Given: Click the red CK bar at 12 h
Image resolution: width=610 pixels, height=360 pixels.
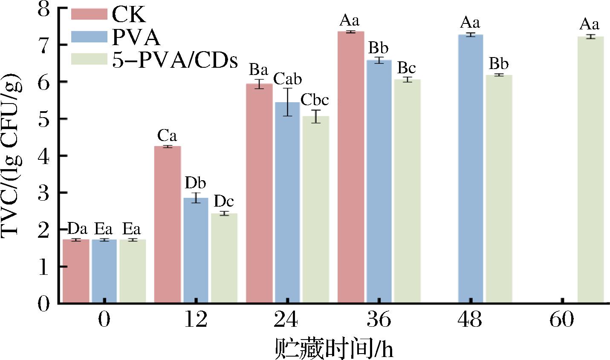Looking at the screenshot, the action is (x=168, y=225).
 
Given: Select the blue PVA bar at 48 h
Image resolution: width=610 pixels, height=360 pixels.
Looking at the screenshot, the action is (x=471, y=169).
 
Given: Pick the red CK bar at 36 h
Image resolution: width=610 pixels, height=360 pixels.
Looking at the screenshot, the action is (x=351, y=167).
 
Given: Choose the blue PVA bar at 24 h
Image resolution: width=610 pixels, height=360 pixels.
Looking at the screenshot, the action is (x=287, y=202).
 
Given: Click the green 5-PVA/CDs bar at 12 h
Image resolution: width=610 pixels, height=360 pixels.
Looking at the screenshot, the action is (x=224, y=258).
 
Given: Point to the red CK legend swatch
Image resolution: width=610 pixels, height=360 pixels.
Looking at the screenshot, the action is (x=89, y=14).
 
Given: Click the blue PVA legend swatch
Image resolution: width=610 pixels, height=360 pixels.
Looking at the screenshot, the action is (x=89, y=37).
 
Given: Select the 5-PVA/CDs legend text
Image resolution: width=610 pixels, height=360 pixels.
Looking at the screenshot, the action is (x=175, y=60).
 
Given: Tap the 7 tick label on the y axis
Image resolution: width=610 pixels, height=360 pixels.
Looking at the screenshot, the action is (x=44, y=44).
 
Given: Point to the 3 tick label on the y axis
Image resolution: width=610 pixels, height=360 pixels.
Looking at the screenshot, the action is (x=44, y=193).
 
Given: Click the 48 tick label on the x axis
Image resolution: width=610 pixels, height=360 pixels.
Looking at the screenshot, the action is (x=470, y=319).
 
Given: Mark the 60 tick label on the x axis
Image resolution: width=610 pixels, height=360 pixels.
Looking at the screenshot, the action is (x=561, y=319).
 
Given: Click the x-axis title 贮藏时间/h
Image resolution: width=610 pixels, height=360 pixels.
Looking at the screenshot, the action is (x=334, y=348).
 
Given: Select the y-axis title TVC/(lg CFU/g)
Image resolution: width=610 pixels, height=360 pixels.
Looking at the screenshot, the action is (x=12, y=156).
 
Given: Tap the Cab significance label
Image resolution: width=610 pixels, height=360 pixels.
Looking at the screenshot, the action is (x=287, y=79).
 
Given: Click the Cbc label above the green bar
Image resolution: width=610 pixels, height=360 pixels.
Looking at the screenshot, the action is (x=315, y=100).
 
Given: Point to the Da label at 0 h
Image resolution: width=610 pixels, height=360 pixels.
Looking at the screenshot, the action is (x=77, y=229).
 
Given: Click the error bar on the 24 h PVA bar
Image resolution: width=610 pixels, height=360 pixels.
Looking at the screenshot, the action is (x=288, y=102).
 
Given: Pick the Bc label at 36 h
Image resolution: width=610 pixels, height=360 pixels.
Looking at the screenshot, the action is (x=407, y=68).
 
